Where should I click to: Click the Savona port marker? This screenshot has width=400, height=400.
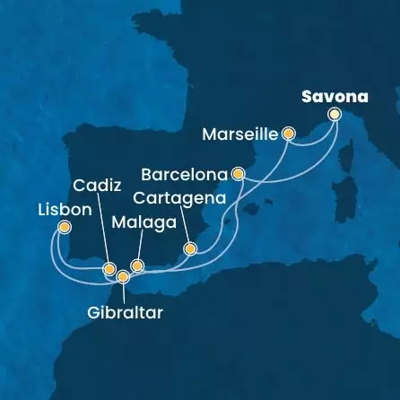pos(335,114)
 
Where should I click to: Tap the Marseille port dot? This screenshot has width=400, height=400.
pos(289,134)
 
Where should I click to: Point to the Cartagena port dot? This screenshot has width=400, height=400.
pos(189,248)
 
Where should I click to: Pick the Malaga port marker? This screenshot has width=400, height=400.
pos(137,265)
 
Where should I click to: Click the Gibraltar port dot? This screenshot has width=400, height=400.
pos(123,276)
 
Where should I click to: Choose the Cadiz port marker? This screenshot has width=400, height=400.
pos(109,268)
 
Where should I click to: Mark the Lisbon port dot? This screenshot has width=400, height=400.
pos(65,228)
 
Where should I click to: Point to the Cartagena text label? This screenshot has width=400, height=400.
pos(175,194)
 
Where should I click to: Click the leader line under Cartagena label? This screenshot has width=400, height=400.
pos(182,224)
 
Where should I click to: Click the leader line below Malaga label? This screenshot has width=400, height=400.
pos(137,247)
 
